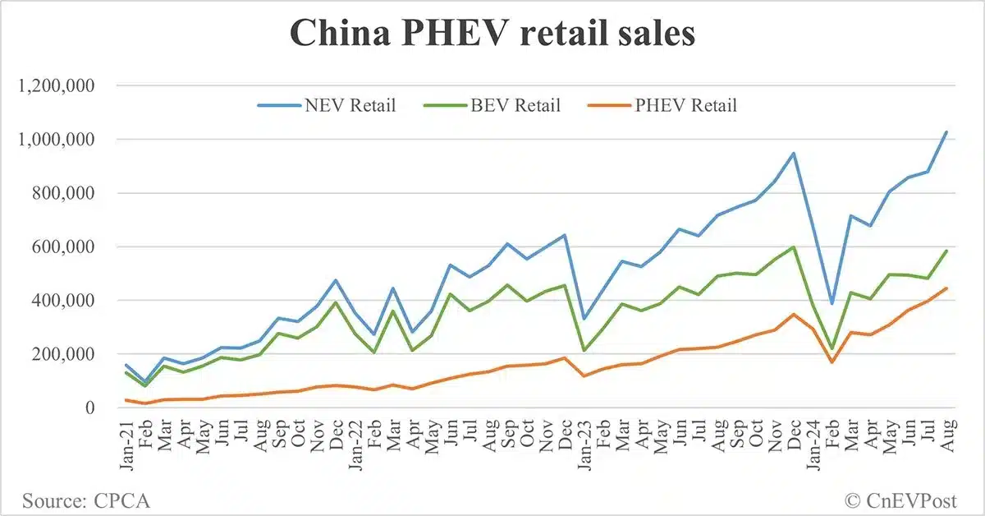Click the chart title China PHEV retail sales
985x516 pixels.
492,35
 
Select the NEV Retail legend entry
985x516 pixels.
327,105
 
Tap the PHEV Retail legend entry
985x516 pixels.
664,105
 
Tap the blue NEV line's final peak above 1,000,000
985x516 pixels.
946,132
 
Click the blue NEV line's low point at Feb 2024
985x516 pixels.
831,304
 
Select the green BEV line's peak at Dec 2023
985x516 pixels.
792,247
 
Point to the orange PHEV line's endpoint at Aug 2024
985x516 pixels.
946,288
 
